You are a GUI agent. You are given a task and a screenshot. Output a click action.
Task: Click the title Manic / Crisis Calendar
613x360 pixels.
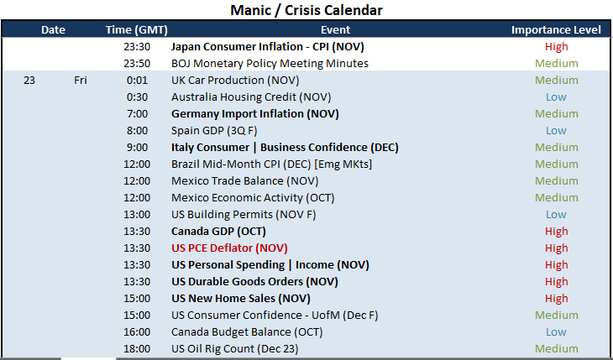coord(306,10)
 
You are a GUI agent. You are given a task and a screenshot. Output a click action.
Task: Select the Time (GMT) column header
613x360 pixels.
coord(136,29)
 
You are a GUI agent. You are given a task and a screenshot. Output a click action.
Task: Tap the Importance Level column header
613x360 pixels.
coord(556,29)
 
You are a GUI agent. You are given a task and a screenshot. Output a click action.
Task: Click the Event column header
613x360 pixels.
coord(335,29)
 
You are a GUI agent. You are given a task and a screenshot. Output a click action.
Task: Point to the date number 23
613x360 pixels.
coord(29,80)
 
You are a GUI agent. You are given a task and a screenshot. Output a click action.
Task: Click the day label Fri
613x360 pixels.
coord(81,80)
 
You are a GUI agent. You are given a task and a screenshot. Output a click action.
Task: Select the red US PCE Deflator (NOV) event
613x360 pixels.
coord(229,248)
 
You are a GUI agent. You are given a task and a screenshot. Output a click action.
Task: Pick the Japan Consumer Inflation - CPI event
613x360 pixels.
coord(267,47)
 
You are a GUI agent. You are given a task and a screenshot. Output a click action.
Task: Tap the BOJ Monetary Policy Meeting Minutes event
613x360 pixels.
coord(270,63)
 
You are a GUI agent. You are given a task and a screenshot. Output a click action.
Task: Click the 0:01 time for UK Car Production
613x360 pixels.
coord(137,80)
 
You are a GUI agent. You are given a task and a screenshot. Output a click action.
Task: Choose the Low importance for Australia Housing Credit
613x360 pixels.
coord(556,97)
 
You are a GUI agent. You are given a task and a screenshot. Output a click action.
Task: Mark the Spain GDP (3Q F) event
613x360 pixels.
coord(214,131)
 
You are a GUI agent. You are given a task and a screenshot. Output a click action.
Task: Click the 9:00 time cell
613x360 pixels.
coord(137,148)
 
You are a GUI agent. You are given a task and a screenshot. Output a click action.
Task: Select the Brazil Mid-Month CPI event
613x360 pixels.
coord(272,164)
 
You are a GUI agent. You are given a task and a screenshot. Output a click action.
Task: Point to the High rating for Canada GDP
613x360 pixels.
coord(556,232)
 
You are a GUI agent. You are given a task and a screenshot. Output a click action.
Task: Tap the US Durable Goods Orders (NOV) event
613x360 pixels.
coord(254,282)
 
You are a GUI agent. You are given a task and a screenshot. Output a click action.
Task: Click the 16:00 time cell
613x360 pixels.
coord(137,332)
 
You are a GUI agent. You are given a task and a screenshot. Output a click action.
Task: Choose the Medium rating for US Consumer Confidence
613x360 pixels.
coord(556,316)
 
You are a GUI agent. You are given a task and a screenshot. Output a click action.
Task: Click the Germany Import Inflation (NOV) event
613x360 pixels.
coord(255,114)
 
